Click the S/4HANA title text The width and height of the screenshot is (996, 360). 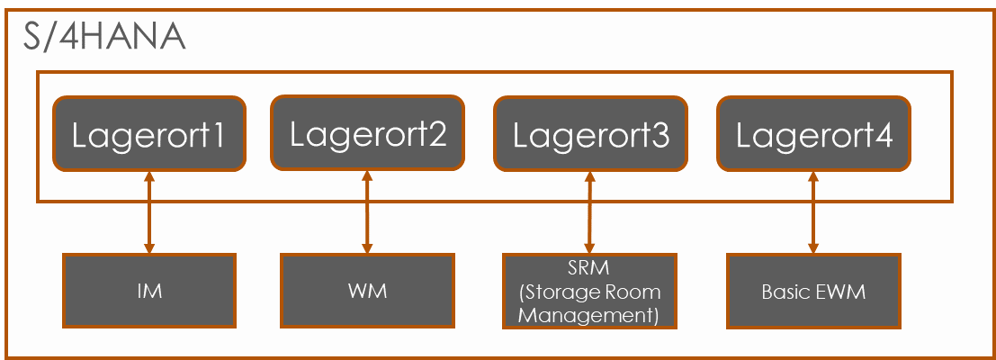(103, 38)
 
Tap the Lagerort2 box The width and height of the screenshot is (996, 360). (367, 132)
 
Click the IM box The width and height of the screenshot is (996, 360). (149, 291)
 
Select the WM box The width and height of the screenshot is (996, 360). (367, 291)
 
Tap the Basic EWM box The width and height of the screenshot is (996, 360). (813, 291)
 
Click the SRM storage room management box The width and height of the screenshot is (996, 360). (589, 291)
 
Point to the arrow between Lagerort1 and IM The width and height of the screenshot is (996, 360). (149, 212)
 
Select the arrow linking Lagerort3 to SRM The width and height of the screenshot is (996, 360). (590, 212)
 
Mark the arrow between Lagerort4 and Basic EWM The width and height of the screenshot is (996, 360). (813, 212)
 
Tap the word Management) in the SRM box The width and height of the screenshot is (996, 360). (589, 315)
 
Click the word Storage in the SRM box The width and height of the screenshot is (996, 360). (563, 292)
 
